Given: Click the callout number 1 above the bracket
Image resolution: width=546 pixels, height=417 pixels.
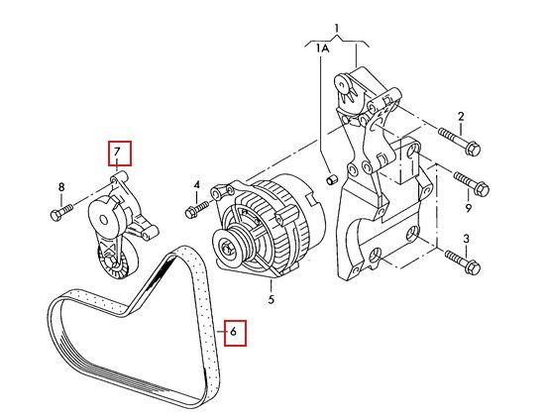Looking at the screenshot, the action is click(x=336, y=29).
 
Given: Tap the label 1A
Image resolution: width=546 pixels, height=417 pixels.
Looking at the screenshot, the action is click(x=322, y=48).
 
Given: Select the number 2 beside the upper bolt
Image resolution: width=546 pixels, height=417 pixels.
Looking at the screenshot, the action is click(x=461, y=116).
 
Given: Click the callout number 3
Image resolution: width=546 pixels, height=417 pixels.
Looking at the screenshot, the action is click(x=467, y=239).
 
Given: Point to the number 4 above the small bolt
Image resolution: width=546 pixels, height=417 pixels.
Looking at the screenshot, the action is click(x=197, y=184).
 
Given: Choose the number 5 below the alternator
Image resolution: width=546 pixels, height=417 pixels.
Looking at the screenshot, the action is click(x=272, y=299).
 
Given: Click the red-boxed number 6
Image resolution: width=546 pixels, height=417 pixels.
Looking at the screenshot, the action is click(x=233, y=332).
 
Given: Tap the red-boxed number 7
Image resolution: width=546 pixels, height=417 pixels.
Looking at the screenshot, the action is click(x=117, y=152).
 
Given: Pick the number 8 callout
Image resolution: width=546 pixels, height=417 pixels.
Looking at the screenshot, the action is click(x=61, y=187).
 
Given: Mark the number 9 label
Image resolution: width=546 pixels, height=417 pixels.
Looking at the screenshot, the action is click(x=469, y=208).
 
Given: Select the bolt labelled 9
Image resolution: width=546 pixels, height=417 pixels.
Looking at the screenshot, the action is click(x=471, y=183).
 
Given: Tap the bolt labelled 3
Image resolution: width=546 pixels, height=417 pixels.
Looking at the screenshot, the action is click(x=463, y=262).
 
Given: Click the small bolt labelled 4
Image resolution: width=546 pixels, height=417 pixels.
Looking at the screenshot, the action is click(x=197, y=209).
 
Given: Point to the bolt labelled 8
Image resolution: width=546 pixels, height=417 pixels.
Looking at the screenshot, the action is click(x=61, y=213).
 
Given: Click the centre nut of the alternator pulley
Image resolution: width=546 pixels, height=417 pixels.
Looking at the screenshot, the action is click(x=226, y=249).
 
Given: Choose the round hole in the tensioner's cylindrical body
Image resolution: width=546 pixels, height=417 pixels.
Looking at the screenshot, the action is click(x=103, y=220).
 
